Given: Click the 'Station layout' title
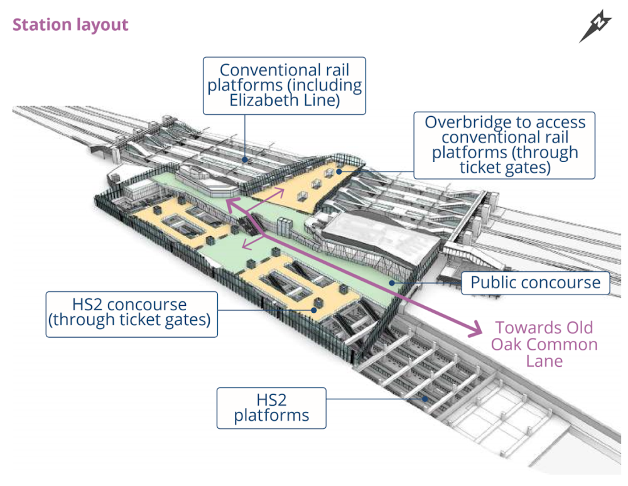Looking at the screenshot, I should pos(70,25).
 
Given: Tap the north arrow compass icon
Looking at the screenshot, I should pos(595,26).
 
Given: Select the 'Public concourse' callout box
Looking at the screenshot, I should pos(535,283).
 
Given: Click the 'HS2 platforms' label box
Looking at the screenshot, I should pos(271,408).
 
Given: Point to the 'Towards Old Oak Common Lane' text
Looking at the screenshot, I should pos(544,344).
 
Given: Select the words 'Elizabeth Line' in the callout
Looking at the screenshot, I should pos(284,99).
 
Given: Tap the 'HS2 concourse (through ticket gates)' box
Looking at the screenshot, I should pos(132,312).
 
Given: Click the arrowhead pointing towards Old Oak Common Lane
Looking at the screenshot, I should pos(475,327).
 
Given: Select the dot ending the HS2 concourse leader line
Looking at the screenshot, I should pos(313,309).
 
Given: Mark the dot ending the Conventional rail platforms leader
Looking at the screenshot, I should pos(247,161).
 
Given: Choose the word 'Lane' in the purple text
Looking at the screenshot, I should pos(544,360).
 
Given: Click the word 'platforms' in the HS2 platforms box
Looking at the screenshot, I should pos(271,415).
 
